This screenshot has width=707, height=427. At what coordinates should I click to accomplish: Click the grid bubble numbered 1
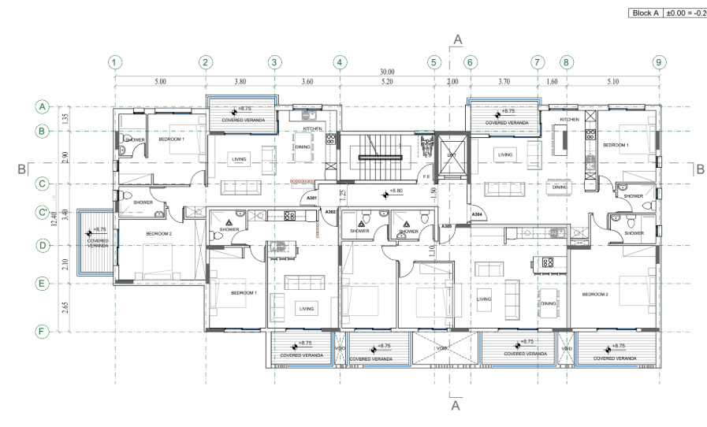tap(115, 61)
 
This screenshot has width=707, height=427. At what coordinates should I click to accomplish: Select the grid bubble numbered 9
tap(659, 61)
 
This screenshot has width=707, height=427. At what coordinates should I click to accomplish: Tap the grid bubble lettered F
tap(43, 332)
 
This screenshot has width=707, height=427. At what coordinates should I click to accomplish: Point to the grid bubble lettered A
tap(43, 106)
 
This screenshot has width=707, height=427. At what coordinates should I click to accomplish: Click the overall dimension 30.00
tap(387, 72)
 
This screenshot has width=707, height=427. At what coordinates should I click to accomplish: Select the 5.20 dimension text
tap(387, 81)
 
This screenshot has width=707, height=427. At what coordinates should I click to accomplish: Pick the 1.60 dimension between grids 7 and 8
tap(552, 81)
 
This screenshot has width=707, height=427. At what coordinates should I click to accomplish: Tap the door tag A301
tap(311, 198)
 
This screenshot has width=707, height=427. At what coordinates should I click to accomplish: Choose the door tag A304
tap(477, 214)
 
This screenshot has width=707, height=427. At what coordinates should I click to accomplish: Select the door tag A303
tap(446, 227)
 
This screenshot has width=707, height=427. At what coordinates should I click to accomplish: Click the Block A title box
tap(664, 14)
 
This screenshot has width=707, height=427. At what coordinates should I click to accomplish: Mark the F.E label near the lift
tap(426, 178)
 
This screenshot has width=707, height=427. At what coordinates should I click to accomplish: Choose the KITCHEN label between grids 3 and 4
tap(313, 128)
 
